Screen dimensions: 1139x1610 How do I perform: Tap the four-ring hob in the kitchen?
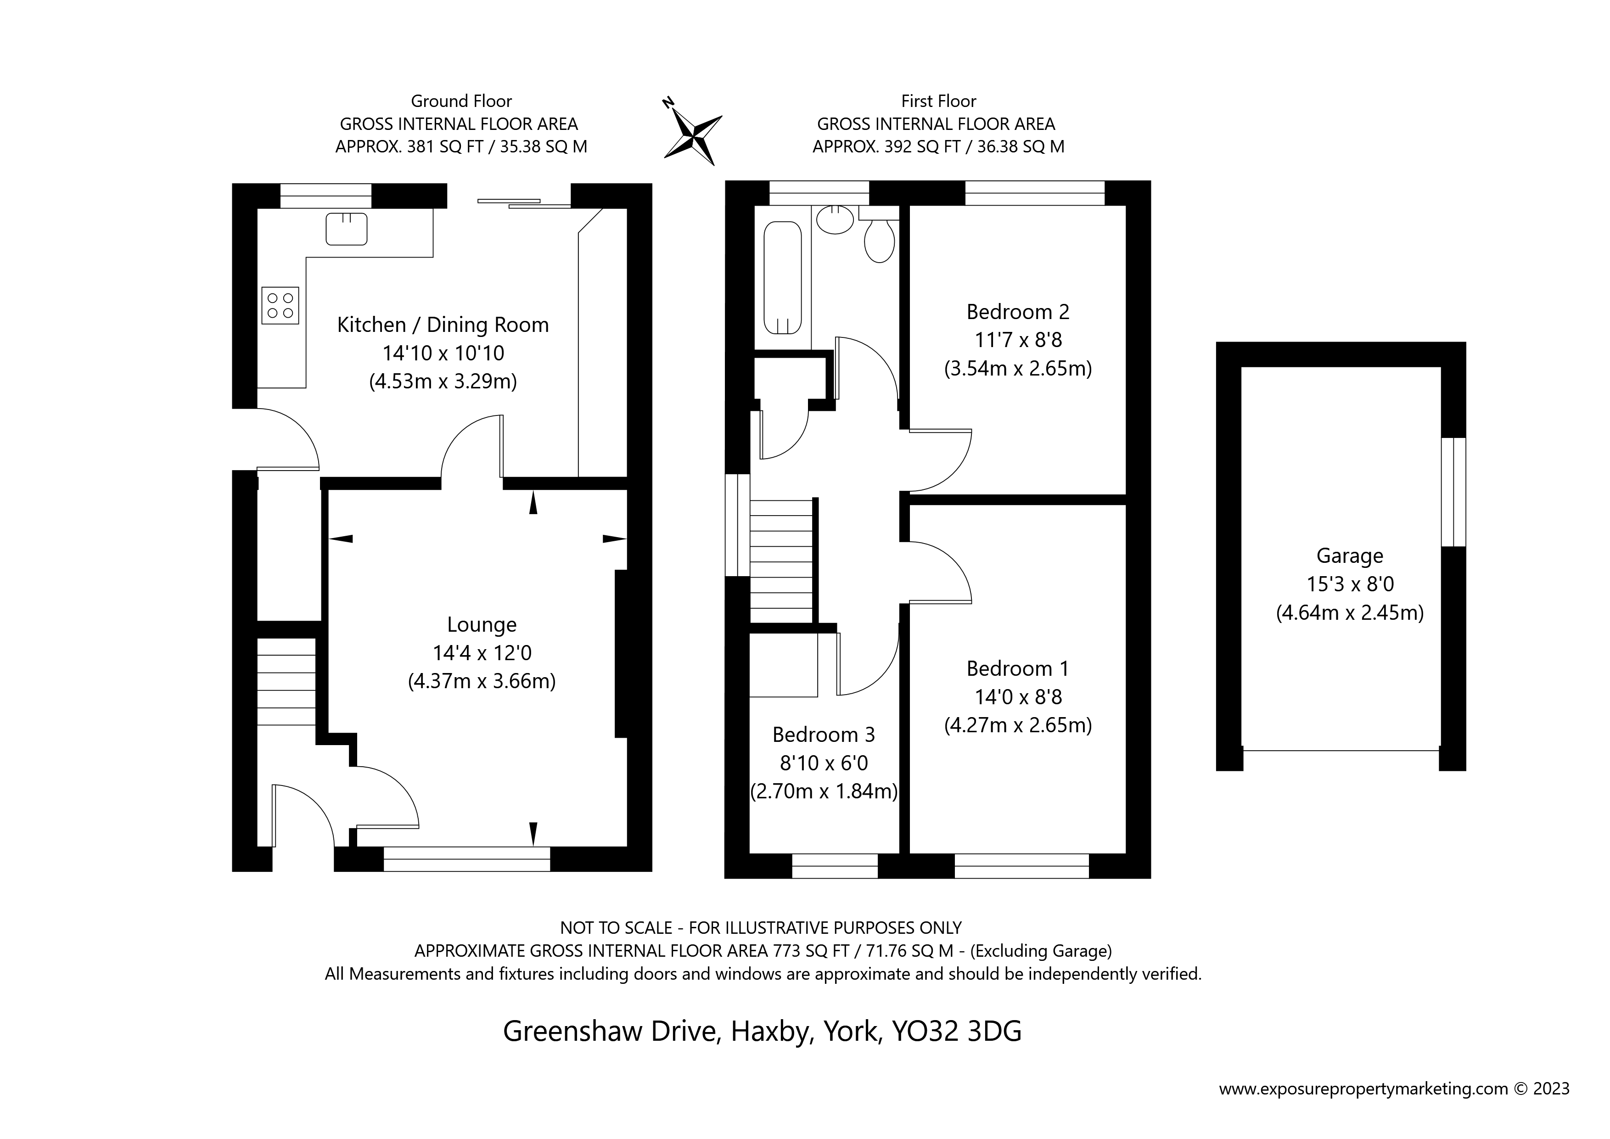280,306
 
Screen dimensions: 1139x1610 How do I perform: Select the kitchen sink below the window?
347,229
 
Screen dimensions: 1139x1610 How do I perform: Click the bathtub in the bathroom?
783,278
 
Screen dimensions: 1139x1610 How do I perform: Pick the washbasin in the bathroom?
835,219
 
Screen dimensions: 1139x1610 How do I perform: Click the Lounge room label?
482,625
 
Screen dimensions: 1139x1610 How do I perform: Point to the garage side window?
1453,492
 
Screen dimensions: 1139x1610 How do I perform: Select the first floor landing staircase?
781,561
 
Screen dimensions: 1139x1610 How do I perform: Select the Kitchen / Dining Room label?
443,325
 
